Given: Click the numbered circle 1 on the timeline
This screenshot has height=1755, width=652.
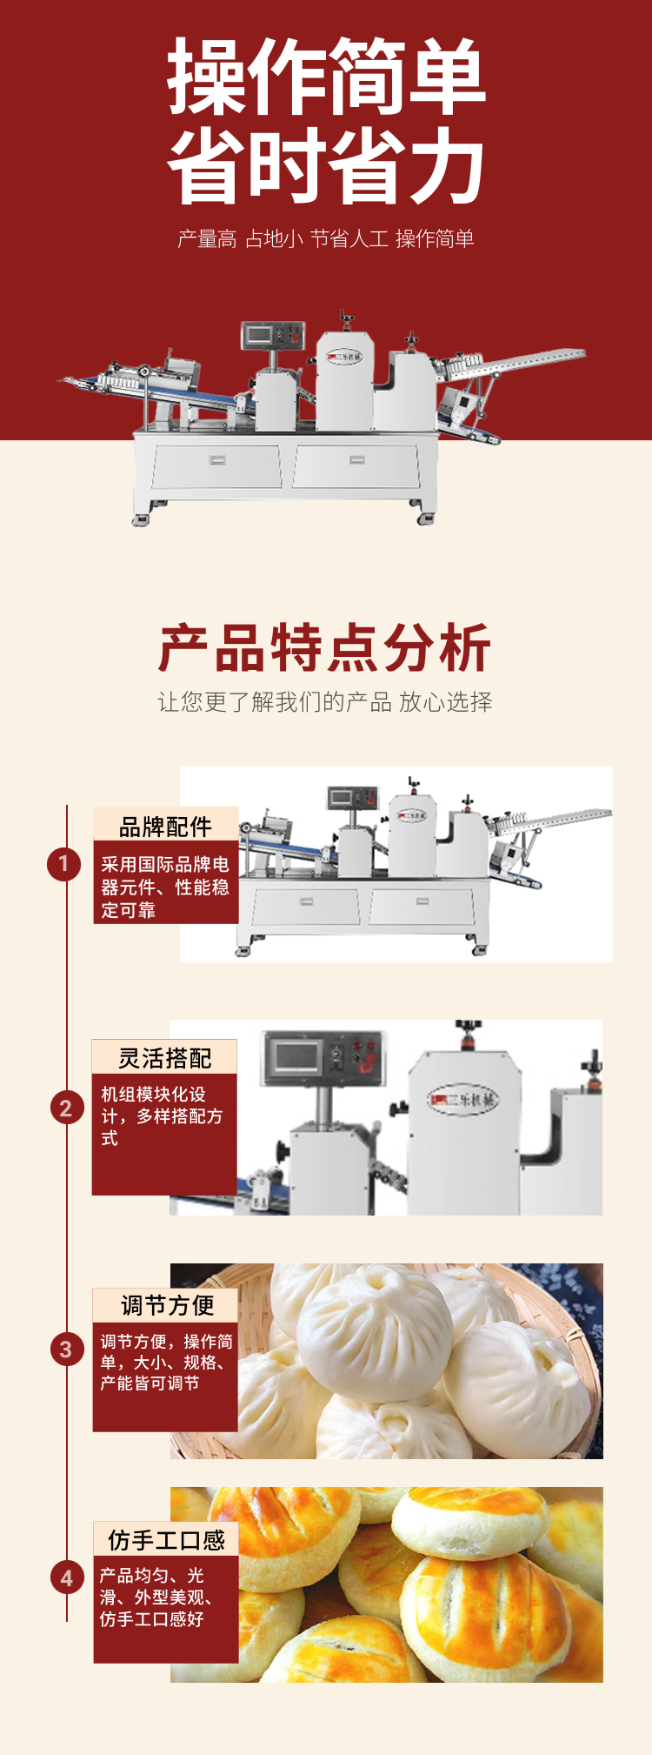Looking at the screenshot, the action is point(63,864).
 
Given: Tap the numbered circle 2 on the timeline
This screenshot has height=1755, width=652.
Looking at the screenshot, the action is point(65,1109).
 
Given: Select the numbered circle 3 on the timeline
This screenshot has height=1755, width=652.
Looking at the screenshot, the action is point(65,1350).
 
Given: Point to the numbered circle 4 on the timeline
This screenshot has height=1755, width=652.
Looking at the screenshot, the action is point(66,1577).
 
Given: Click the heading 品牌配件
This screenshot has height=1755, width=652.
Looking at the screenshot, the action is point(165,826).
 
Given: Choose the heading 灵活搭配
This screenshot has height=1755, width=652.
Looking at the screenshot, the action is point(165,1057).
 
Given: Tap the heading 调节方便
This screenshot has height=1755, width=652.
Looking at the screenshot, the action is point(167,1305).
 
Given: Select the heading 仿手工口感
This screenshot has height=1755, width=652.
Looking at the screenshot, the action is point(167,1539).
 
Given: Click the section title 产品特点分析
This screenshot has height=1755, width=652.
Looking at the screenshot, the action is point(325,647).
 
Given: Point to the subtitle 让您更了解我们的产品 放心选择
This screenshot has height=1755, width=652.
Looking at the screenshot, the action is point(325,702).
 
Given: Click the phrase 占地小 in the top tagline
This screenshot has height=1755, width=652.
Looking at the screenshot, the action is point(274,238).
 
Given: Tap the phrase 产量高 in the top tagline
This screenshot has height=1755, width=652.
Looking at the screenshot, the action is point(207,238).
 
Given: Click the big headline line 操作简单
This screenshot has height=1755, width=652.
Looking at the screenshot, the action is point(326,77).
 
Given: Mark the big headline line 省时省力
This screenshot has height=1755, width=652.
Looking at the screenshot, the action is point(326,166).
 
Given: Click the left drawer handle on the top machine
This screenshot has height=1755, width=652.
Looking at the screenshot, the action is point(216,459).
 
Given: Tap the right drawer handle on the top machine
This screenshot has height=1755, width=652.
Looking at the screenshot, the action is point(357,459).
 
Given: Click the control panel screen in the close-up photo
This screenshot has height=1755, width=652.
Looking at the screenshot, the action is point(299,1056).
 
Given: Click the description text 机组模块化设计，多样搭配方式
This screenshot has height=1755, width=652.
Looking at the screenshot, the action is point(162,1116).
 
